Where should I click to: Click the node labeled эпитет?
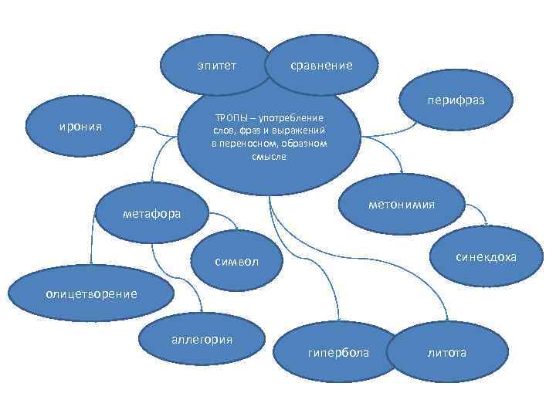click(x=217, y=65)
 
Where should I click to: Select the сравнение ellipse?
click(x=321, y=65)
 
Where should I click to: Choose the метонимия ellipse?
click(x=402, y=204)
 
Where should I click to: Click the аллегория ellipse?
click(x=202, y=340)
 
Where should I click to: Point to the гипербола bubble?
click(x=338, y=352)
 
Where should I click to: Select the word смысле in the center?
click(x=269, y=156)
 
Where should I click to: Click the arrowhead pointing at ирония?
click(x=135, y=124)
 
